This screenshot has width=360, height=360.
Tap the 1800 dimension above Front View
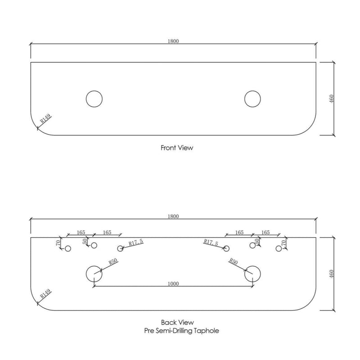(x=173, y=41)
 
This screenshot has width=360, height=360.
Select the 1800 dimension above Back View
(x=173, y=216)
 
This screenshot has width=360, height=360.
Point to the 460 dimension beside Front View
(x=331, y=99)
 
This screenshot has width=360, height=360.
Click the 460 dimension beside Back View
(x=331, y=274)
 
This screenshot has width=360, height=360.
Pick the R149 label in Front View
(x=45, y=119)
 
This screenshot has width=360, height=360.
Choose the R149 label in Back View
(x=45, y=294)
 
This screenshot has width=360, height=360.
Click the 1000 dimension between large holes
(x=173, y=283)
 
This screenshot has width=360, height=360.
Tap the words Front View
(x=177, y=148)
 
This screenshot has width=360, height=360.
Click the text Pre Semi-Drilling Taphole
(x=181, y=331)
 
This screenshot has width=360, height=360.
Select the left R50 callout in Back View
(x=113, y=261)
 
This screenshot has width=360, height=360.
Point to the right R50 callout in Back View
(x=233, y=261)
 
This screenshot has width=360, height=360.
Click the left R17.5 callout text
(x=136, y=242)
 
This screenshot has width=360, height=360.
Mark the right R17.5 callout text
(x=211, y=242)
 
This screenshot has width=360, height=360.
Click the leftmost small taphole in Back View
(x=68, y=248)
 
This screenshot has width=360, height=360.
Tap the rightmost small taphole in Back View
(x=279, y=248)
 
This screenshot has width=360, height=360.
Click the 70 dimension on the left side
(x=58, y=243)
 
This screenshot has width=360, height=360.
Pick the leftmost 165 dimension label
(x=81, y=232)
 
